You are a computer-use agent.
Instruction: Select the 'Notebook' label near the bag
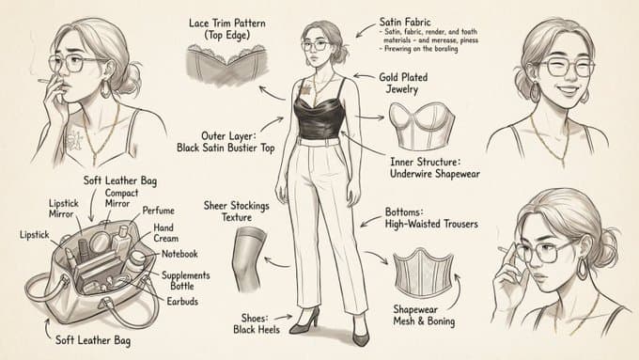tap(178, 254)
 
